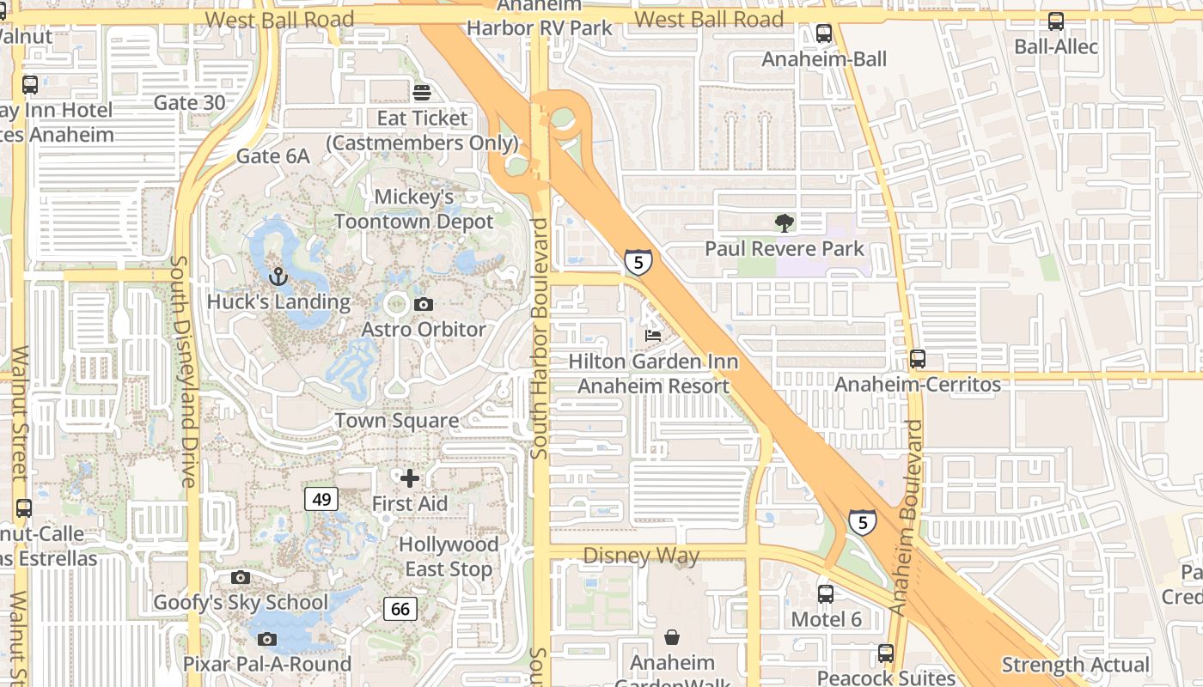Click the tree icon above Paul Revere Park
[784, 223]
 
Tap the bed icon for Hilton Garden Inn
[653, 335]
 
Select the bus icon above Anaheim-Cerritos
[918, 359]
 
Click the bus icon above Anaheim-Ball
[824, 33]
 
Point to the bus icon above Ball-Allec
[1055, 21]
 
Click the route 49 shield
[321, 499]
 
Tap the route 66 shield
[400, 609]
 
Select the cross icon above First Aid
[410, 477]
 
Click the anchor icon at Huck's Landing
[278, 276]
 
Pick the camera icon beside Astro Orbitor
[423, 304]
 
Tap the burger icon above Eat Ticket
[422, 92]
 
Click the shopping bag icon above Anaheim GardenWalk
[672, 637]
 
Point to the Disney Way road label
[641, 556]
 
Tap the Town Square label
[396, 421]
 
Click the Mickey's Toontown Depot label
[414, 210]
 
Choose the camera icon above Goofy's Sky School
[241, 577]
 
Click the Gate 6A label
[272, 156]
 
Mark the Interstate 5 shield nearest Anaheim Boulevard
[863, 522]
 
